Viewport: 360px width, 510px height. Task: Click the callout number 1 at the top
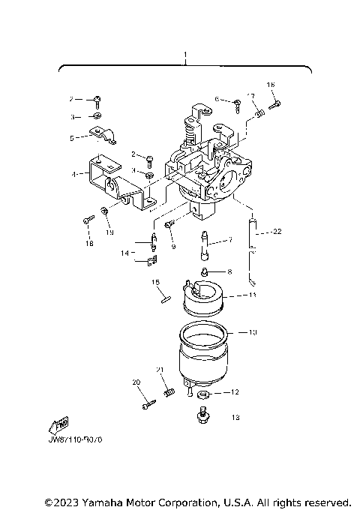pos(185,55)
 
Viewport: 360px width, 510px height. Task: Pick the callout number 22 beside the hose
pos(277,231)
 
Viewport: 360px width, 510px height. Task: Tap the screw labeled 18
pos(89,220)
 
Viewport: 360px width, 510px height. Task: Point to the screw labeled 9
pos(169,223)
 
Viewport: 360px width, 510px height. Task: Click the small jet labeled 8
pos(202,271)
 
